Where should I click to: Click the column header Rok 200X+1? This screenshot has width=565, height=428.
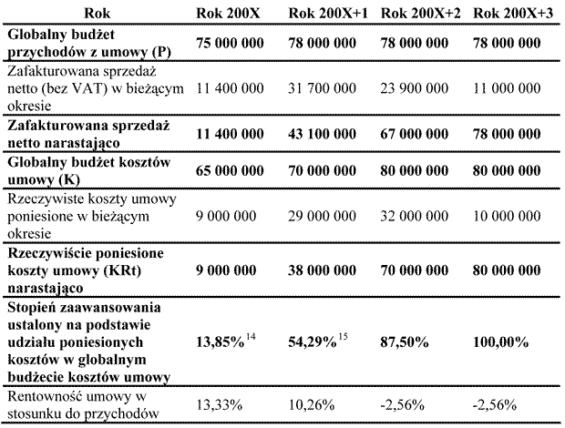click(328, 14)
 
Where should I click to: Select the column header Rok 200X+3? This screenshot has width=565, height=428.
click(513, 14)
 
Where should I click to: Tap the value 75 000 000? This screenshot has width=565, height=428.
click(230, 43)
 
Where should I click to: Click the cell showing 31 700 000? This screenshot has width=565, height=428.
click(322, 88)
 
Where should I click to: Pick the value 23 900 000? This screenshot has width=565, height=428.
click(415, 88)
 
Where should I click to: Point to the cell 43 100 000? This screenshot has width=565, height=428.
click(322, 134)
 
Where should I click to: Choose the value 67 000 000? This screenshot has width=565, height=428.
click(415, 134)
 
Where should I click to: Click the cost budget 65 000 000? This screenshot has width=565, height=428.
click(230, 170)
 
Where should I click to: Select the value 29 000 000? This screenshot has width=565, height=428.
click(322, 216)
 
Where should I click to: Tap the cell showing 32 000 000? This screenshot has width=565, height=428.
click(415, 216)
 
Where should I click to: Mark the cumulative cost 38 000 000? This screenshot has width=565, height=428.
click(322, 270)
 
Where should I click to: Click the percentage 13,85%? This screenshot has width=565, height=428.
click(221, 342)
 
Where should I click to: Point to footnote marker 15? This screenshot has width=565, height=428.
click(343, 337)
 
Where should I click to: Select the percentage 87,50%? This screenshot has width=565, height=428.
click(405, 342)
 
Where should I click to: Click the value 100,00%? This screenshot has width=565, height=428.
click(501, 342)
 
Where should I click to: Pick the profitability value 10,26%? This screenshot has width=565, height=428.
click(312, 405)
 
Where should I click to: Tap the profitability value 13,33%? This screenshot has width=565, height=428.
click(219, 405)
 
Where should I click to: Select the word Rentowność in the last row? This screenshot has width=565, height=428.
click(44, 397)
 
